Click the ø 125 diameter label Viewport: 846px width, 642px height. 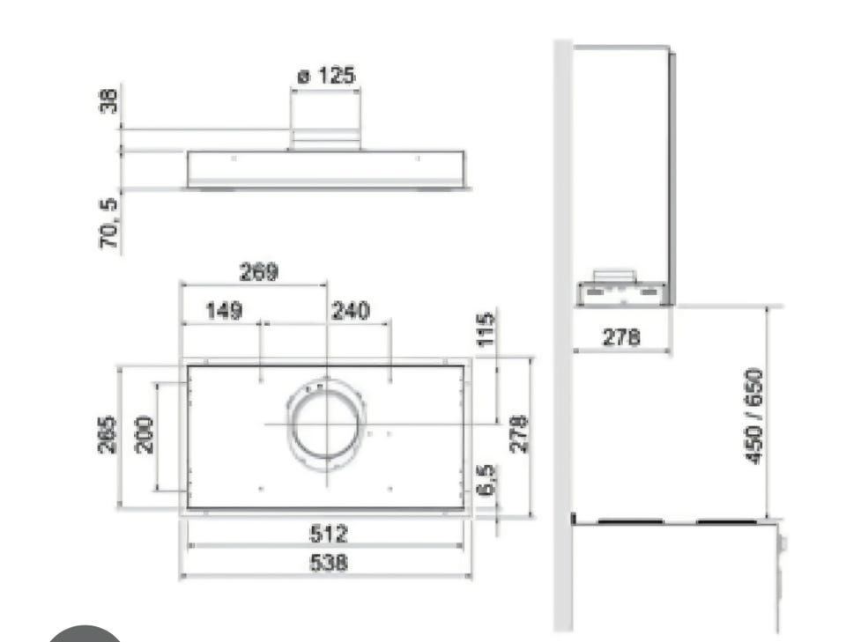pos(326,76)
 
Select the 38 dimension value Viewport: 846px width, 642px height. pos(108,100)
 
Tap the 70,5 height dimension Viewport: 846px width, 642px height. pos(108,223)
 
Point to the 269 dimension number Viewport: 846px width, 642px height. pos(258,271)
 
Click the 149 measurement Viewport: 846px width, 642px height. pos(225,311)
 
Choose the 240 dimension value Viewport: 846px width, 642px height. pos(350,311)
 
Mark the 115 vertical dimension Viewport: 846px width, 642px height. pos(486,328)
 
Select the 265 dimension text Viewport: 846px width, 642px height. pos(107,434)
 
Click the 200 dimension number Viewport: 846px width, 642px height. pos(144,434)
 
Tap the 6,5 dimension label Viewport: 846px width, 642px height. pos(486,479)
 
